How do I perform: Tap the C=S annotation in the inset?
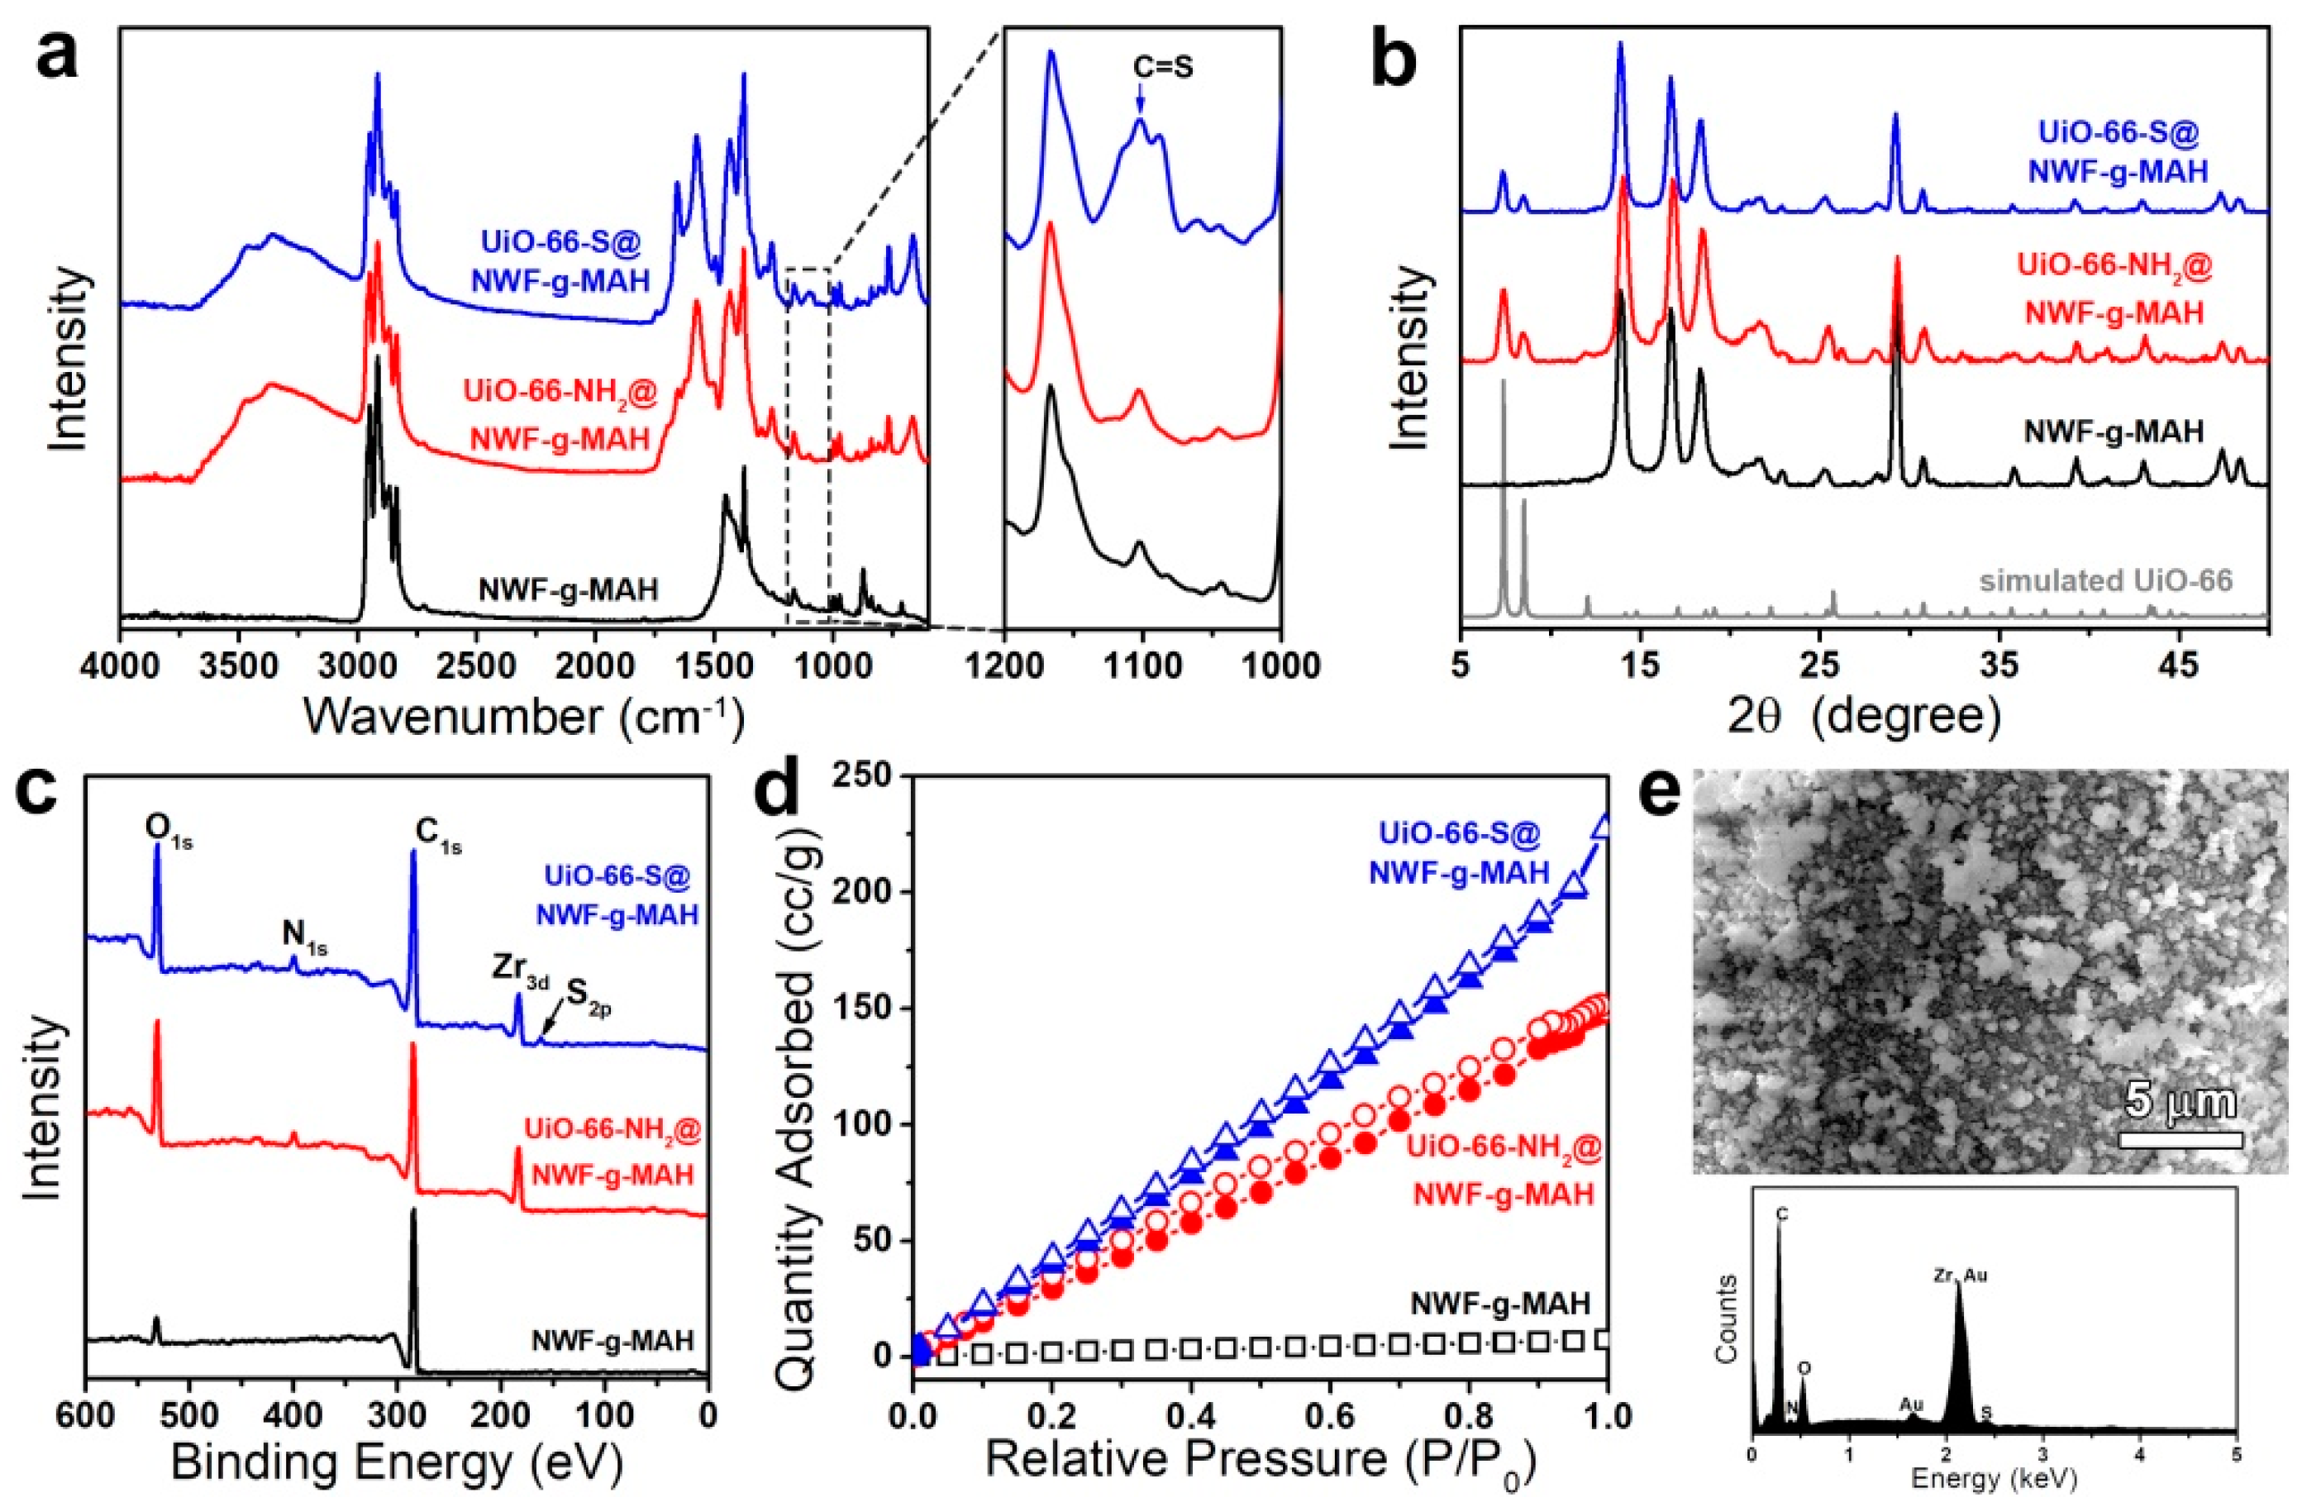pos(1163,68)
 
